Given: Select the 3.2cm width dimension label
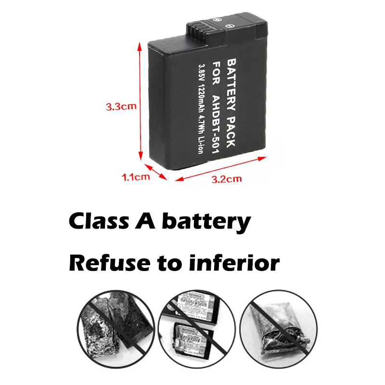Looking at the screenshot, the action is (227, 180).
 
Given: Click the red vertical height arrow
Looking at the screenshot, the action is (140, 101).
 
